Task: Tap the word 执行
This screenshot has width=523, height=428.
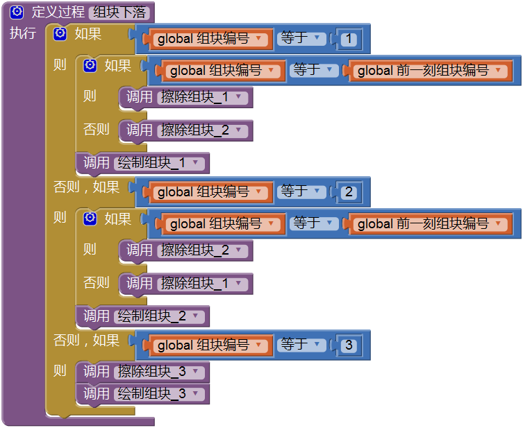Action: [23, 33]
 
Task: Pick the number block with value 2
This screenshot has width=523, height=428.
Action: [348, 192]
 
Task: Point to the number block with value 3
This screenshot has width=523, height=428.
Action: [348, 345]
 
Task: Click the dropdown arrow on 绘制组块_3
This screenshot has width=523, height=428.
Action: [196, 394]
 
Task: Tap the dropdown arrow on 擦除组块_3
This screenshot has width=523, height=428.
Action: [196, 372]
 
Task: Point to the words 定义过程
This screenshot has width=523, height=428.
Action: [58, 12]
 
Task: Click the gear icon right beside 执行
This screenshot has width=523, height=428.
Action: [60, 34]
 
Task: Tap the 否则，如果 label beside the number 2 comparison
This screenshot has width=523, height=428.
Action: [87, 187]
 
